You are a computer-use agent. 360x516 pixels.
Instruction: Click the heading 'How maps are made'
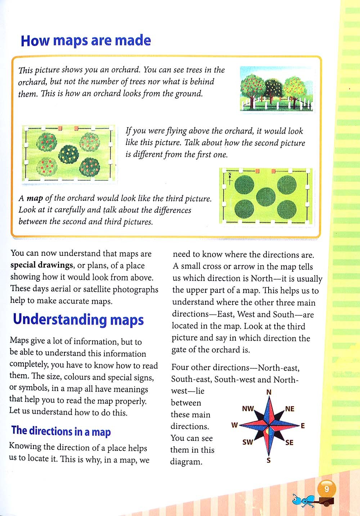coord(86,41)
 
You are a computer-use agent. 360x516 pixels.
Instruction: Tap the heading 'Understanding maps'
coord(78,320)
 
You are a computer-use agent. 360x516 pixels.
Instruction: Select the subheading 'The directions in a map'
coord(61,431)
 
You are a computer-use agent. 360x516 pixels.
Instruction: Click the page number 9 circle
coord(327,489)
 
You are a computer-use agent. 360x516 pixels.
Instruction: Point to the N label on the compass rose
coord(269,392)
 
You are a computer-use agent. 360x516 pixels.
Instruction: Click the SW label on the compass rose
coord(247,442)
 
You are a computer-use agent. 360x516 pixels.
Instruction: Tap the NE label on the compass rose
coord(289,409)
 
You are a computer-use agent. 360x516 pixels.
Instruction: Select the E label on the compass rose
coord(303,426)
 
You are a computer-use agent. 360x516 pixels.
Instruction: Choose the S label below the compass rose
coord(269,460)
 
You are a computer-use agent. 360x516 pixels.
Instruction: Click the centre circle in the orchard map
coord(266,196)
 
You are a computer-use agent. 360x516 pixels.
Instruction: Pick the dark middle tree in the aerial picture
coord(69,154)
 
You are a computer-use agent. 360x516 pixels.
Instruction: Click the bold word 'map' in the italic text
coord(35,198)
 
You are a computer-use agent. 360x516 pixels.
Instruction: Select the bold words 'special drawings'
coord(41,265)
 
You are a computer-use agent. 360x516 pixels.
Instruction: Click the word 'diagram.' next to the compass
coord(186,462)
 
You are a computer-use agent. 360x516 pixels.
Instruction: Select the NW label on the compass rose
coord(248,409)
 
